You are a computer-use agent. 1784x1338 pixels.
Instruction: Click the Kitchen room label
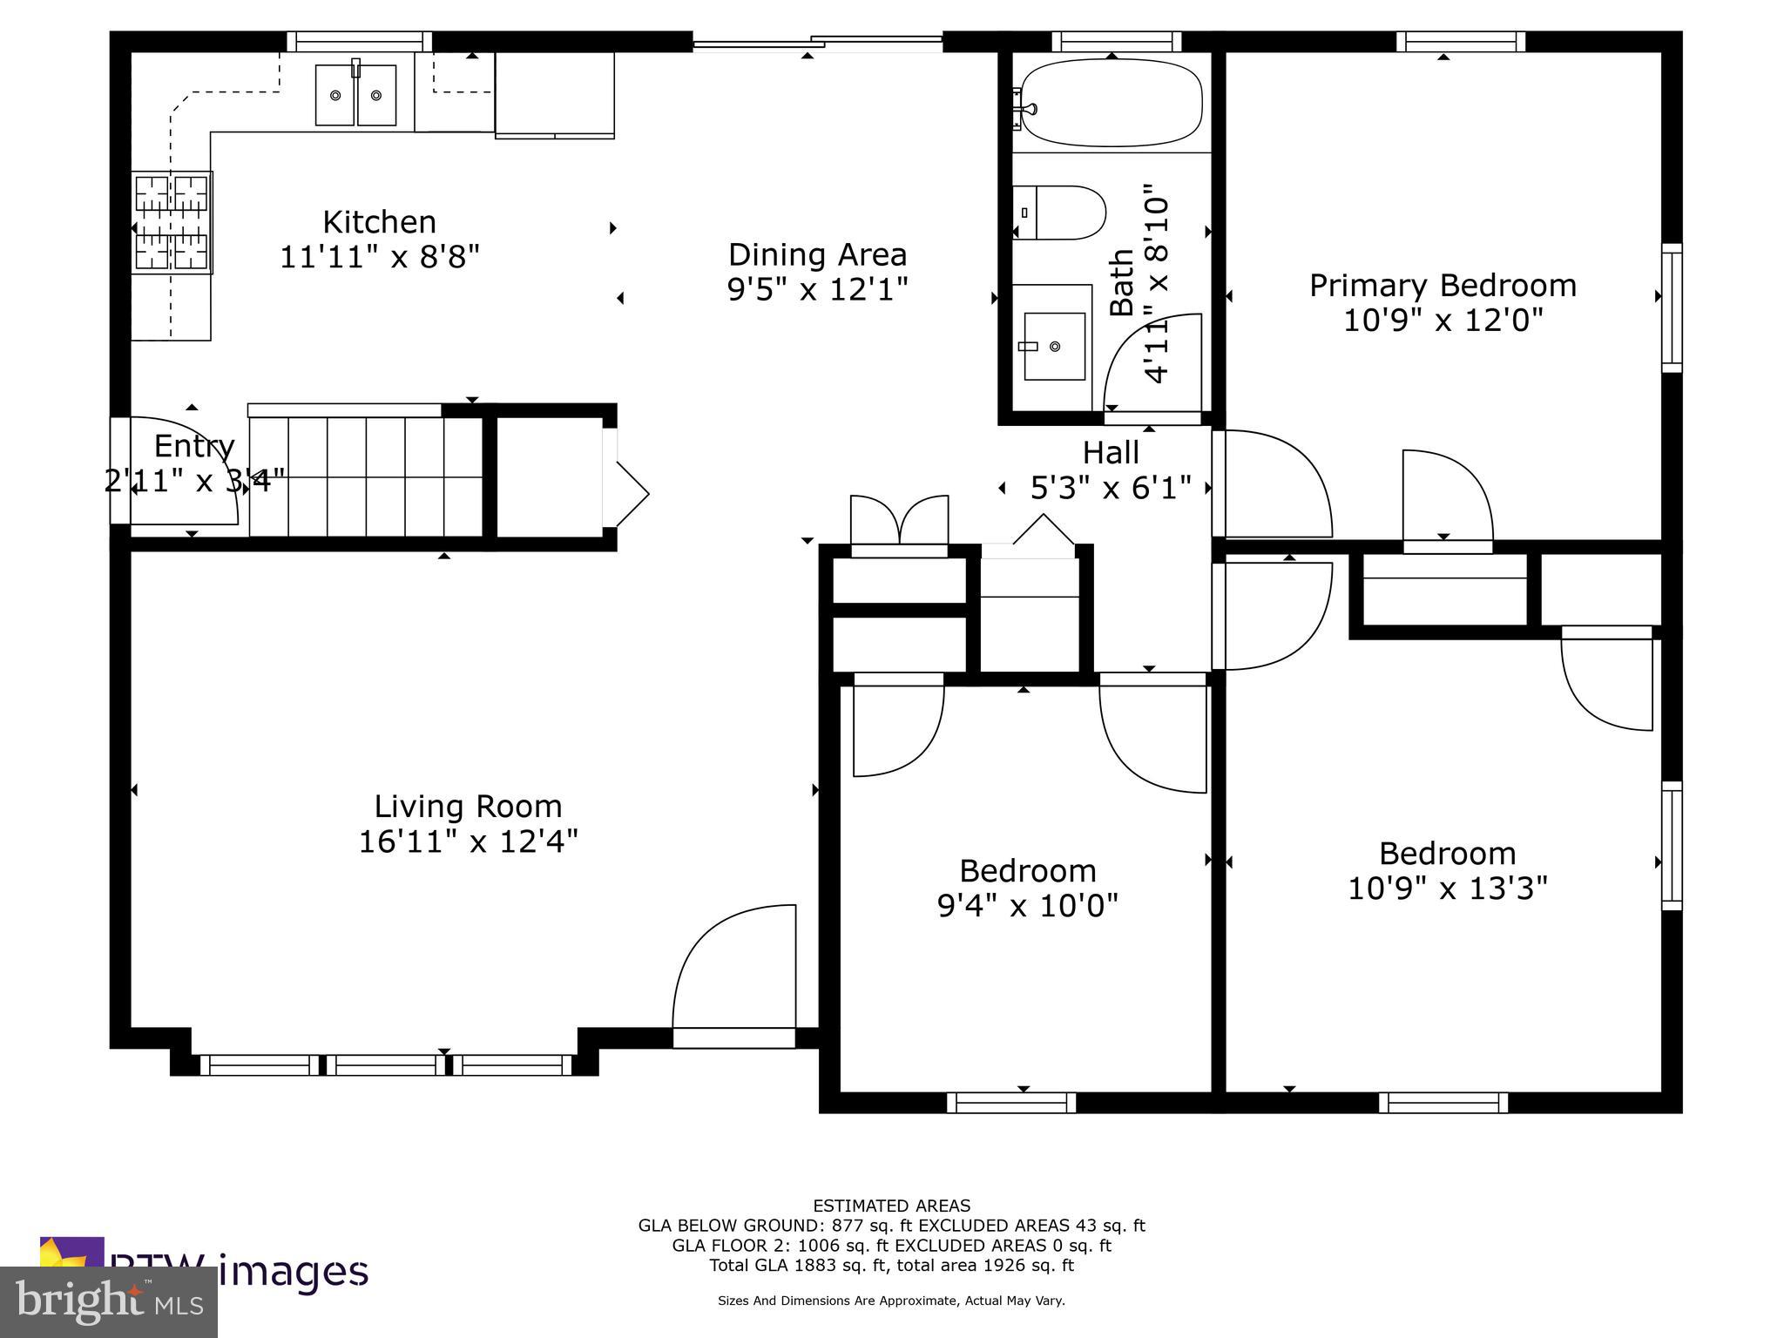[379, 222]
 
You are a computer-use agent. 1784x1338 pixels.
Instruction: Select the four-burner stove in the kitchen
[172, 222]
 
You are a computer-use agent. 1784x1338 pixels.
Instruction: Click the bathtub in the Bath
[1111, 103]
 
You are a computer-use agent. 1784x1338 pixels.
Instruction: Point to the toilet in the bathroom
[1059, 213]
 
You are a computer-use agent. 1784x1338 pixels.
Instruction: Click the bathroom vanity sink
[1054, 346]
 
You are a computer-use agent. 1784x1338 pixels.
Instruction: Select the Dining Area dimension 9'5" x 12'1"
[817, 289]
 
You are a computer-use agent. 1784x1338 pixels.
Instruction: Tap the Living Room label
[468, 806]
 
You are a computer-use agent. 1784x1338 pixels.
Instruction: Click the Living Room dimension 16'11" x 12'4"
[468, 841]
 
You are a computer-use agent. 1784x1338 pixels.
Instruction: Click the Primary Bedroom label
[1443, 286]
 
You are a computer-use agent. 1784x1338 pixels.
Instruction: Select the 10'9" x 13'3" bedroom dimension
[1447, 889]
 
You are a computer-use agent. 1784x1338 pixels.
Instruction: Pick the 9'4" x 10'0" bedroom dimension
[1027, 906]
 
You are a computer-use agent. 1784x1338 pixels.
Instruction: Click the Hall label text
[1111, 453]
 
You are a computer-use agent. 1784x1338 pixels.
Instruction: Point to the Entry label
[194, 446]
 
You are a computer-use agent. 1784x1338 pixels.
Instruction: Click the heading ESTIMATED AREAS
[891, 1206]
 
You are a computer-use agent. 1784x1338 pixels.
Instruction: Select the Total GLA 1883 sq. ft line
[891, 1265]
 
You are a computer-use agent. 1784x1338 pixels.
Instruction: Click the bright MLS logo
[109, 1302]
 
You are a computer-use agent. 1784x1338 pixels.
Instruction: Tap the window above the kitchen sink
[359, 42]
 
